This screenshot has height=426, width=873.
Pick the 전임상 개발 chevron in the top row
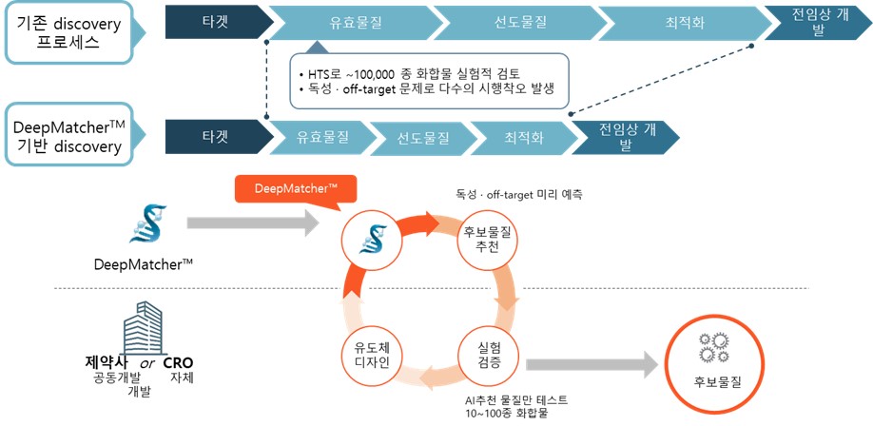816,22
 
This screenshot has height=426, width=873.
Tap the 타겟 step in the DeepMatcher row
215,137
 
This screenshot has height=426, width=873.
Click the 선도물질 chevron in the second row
424,137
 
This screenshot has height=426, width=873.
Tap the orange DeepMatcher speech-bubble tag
295,189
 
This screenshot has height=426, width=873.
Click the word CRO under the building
178,363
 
